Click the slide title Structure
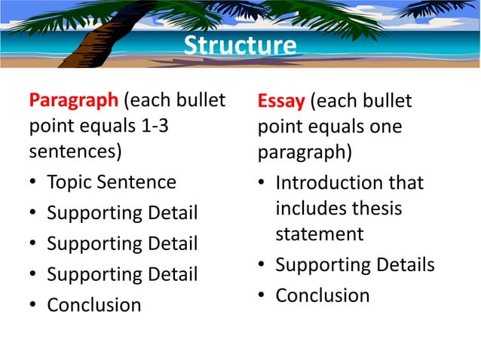[x=240, y=46]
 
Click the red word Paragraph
[x=73, y=100]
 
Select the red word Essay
[x=280, y=100]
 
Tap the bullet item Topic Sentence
[x=111, y=182]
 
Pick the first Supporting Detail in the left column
[x=122, y=213]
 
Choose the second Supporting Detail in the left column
[x=122, y=244]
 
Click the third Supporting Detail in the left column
[x=122, y=275]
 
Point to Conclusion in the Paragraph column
[x=93, y=305]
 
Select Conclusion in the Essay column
[x=322, y=295]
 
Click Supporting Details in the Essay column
[x=354, y=265]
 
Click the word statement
[x=319, y=233]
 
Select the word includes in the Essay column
[x=317, y=208]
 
